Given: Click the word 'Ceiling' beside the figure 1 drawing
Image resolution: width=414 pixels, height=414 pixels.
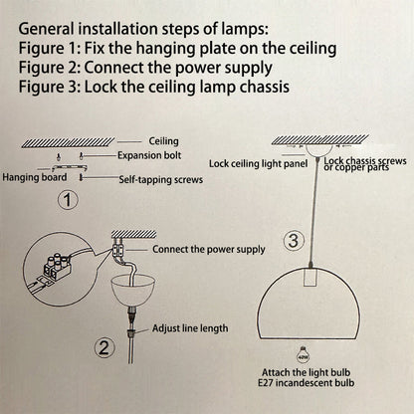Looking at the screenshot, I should click(x=163, y=141).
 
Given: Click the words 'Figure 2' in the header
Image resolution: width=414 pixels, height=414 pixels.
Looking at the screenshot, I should click(x=51, y=67).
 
